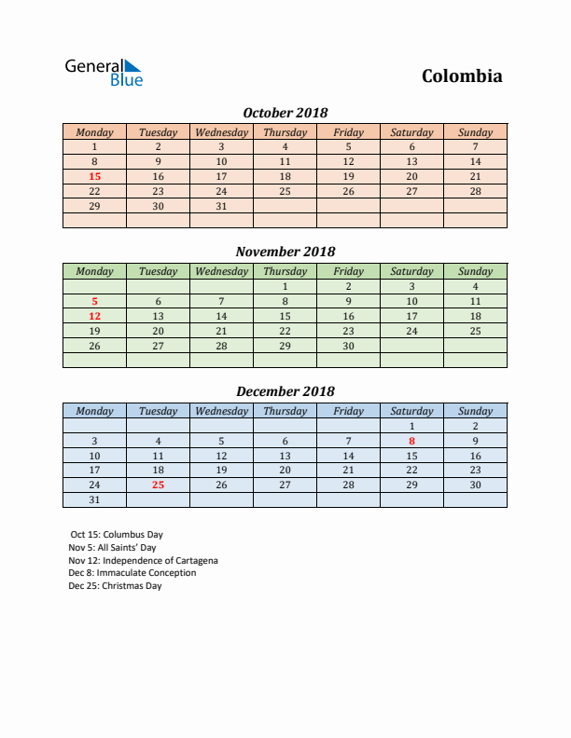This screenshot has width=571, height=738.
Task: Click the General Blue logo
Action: click(x=104, y=73)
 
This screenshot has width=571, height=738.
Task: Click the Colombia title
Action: click(x=462, y=76)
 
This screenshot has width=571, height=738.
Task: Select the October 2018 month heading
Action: click(x=285, y=113)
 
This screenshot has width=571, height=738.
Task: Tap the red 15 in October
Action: click(x=94, y=176)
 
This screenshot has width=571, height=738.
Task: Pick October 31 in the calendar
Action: click(x=221, y=206)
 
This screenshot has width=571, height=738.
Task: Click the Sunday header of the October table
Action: click(x=475, y=132)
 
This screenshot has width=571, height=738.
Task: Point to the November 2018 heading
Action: click(x=285, y=252)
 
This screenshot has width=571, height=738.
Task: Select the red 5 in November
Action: click(x=94, y=301)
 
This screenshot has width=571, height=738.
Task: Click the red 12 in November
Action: click(x=94, y=316)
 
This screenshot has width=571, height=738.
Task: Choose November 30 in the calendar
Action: click(x=348, y=346)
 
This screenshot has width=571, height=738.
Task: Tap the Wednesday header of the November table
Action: click(x=221, y=271)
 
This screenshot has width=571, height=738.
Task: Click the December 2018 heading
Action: click(x=285, y=391)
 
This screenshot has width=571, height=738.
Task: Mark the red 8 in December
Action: click(x=411, y=441)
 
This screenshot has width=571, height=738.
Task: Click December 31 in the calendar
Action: click(x=94, y=500)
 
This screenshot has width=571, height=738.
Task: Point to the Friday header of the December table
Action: click(x=348, y=411)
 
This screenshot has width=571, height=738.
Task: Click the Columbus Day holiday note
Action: click(x=116, y=535)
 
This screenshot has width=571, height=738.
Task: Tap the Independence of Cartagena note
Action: click(x=143, y=561)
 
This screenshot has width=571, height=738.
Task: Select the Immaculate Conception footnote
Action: click(x=132, y=573)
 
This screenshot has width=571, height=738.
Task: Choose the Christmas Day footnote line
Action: click(x=115, y=586)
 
